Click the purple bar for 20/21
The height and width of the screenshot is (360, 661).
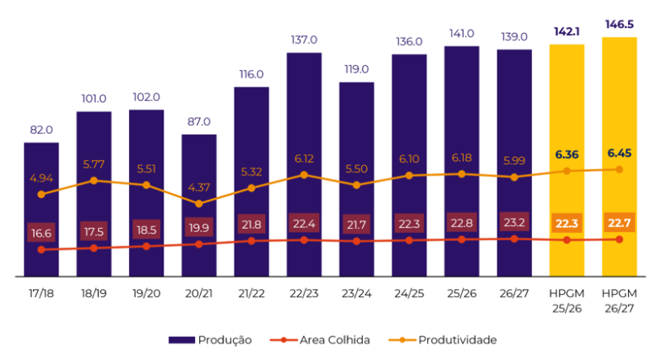coord(199,206)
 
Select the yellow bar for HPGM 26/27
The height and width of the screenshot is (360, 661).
coord(619,157)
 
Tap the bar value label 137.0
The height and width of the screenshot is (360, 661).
coord(304,40)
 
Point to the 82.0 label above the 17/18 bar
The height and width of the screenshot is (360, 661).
coord(41,130)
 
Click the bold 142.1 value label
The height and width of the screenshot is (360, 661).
coord(567,31)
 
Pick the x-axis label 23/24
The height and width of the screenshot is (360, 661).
coord(357,293)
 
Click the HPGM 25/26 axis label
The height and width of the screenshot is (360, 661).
coord(567,301)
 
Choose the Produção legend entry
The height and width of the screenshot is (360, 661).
coord(210,340)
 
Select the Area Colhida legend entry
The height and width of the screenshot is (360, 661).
coord(320,340)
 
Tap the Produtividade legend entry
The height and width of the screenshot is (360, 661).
coord(442,340)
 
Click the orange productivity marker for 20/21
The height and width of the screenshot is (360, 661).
coord(199,204)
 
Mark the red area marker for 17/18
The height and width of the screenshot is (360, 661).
coord(41,249)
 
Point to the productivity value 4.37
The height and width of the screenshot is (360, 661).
coord(199,187)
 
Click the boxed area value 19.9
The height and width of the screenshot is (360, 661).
coord(199,228)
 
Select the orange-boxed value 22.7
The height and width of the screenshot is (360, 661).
coord(619,222)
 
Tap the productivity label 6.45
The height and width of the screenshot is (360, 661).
coord(619,154)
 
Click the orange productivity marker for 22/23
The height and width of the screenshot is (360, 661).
coord(304,175)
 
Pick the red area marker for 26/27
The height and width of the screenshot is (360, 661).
coord(514,239)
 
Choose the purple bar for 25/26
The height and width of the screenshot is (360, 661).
coord(462,161)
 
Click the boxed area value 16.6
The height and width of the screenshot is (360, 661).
coord(41,233)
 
